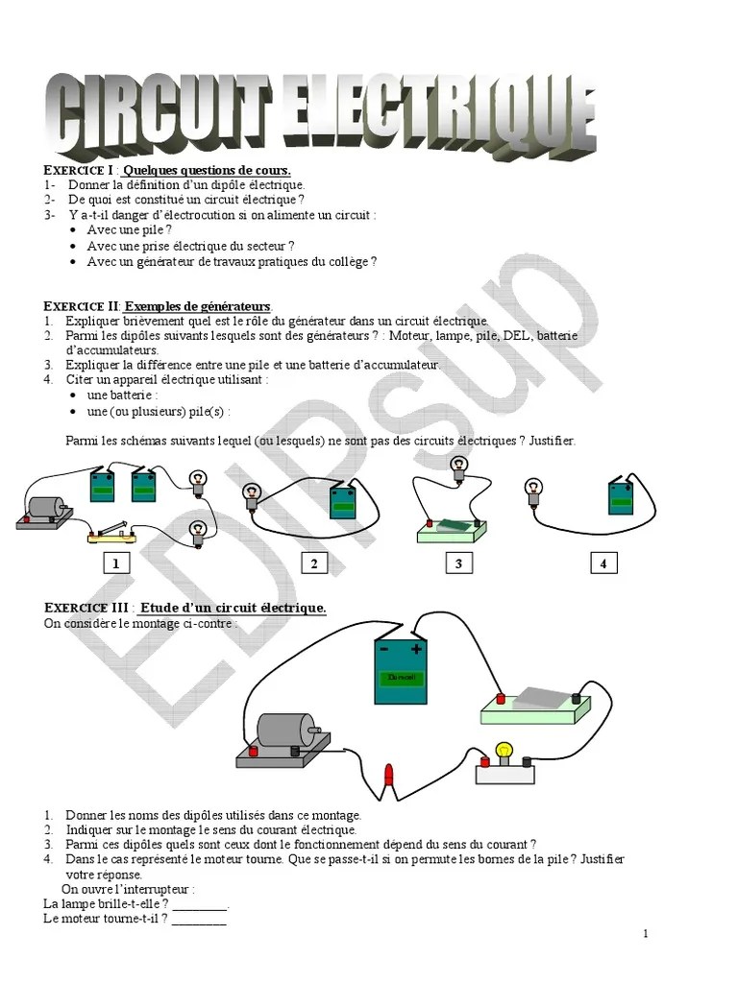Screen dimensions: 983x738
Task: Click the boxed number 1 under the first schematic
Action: point(116,563)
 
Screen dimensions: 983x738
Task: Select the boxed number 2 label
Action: point(314,563)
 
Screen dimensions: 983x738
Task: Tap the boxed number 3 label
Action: point(458,563)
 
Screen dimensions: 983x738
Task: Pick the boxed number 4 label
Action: point(603,563)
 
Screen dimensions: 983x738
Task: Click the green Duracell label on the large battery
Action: point(400,679)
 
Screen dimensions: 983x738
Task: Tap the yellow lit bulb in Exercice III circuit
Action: point(504,752)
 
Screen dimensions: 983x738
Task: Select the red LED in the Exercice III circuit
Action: point(388,776)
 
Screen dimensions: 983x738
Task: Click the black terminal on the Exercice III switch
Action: point(576,700)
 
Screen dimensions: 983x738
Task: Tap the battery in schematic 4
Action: point(621,499)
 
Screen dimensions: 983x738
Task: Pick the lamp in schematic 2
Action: point(252,494)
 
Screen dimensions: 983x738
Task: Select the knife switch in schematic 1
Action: point(111,535)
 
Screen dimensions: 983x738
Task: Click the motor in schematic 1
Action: point(44,511)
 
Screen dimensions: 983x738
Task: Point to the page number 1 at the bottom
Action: point(646,934)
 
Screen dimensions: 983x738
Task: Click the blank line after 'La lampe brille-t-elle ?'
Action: point(201,904)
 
